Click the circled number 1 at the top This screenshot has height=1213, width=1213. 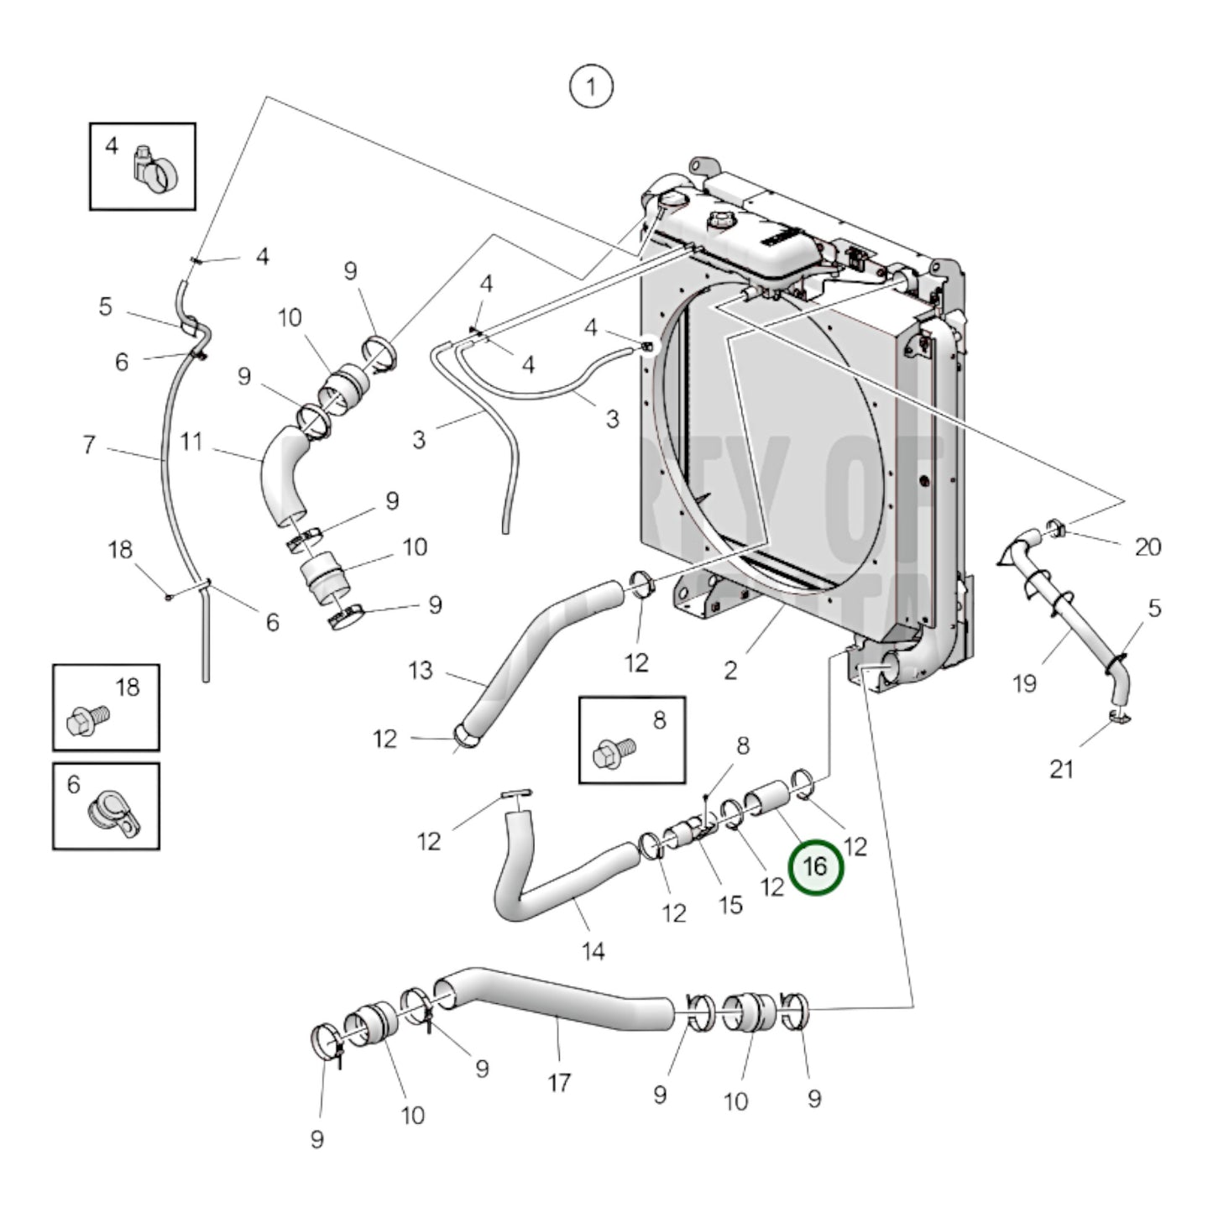(591, 87)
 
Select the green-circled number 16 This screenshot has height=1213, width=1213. (814, 866)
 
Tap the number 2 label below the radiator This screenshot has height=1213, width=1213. (730, 670)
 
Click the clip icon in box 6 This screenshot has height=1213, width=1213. (113, 812)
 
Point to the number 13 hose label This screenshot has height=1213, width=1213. (421, 670)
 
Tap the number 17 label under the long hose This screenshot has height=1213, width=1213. (559, 1082)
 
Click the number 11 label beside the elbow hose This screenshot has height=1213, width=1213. (191, 442)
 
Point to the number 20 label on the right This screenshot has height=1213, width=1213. (1147, 546)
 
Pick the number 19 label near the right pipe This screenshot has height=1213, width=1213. (1024, 683)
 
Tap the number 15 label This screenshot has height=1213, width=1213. (730, 904)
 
